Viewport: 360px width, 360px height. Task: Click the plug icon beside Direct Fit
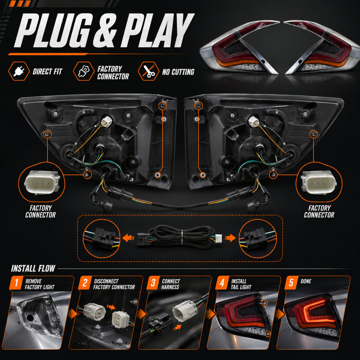click(19, 71)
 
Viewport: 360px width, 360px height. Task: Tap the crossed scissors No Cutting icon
click(148, 71)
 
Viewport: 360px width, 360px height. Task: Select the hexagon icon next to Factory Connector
click(84, 71)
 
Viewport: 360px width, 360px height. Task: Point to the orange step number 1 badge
click(16, 283)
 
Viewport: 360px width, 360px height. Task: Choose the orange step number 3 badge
click(153, 283)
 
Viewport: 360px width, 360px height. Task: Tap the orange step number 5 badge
click(291, 283)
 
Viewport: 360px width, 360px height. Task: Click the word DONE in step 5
click(306, 281)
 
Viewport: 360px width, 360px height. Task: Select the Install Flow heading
click(33, 268)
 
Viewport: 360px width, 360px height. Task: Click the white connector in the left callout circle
click(42, 182)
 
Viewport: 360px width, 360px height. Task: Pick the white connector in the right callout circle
click(319, 182)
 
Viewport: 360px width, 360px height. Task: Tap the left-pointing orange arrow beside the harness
click(128, 238)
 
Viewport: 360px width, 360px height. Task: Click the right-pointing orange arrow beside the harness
click(230, 238)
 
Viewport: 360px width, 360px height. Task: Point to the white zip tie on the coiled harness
click(182, 238)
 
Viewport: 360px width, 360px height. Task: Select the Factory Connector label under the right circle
click(319, 211)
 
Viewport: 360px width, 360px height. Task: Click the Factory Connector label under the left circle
click(40, 211)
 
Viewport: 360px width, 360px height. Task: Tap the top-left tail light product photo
click(239, 48)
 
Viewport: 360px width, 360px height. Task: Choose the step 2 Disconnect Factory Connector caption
click(114, 284)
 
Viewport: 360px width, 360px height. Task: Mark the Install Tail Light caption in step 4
click(241, 284)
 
